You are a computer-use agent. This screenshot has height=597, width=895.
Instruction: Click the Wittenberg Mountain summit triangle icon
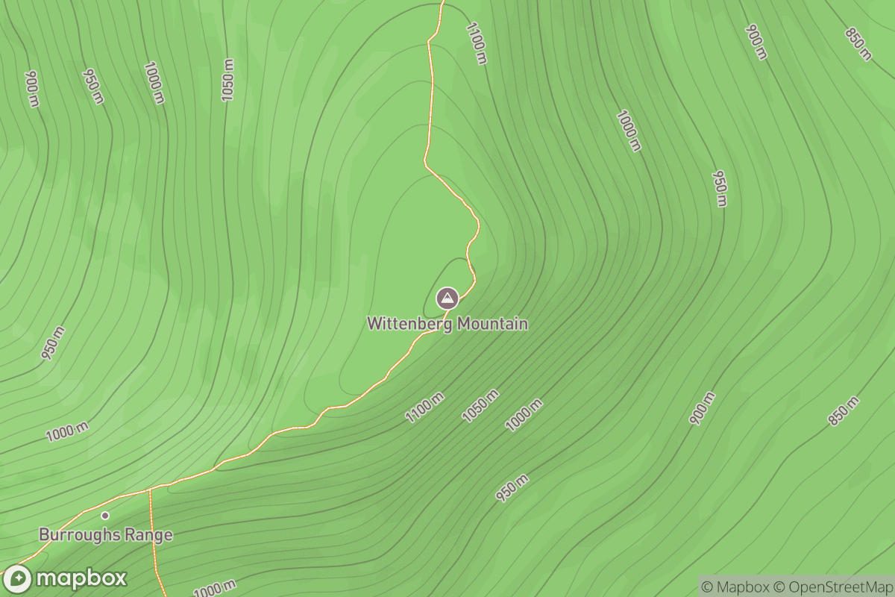[447, 299]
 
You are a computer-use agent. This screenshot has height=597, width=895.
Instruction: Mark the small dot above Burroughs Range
[105, 515]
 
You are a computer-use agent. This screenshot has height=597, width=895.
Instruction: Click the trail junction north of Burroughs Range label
[150, 490]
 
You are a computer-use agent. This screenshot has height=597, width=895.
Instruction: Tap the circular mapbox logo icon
[17, 579]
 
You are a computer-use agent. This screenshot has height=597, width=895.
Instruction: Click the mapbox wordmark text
[81, 579]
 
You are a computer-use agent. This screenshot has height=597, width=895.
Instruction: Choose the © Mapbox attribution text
[734, 587]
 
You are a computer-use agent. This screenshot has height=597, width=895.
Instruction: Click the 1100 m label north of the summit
[476, 43]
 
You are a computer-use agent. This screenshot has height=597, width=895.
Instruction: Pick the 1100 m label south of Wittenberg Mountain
[425, 407]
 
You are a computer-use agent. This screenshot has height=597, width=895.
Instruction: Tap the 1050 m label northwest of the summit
[227, 79]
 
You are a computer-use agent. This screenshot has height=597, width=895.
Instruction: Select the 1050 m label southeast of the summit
[480, 406]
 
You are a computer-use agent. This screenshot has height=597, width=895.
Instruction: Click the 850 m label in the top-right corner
[858, 44]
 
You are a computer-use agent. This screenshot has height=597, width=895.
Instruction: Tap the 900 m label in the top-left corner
[32, 89]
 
